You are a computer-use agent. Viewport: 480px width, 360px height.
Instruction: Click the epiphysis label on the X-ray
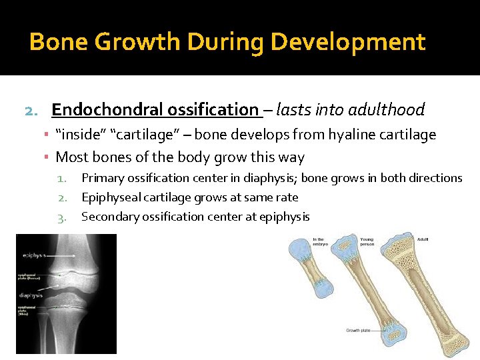(34, 255)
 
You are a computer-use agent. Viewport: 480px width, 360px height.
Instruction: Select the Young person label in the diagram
(367, 241)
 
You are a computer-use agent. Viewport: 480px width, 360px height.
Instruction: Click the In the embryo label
(319, 241)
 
